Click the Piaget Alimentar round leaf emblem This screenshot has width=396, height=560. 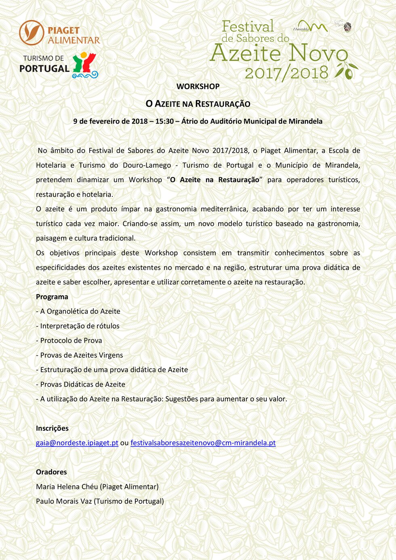[x=31, y=33]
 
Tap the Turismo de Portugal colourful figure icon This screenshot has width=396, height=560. [x=85, y=65]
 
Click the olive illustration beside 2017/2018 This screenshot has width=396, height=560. [x=347, y=71]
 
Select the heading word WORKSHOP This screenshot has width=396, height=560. [x=198, y=86]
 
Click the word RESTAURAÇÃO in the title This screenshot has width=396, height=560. [x=223, y=104]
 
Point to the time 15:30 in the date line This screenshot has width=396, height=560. [x=164, y=121]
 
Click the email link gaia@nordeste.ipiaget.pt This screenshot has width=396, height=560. [x=77, y=443]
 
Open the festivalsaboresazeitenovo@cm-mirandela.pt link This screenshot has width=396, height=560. [x=203, y=443]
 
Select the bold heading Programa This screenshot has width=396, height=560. [x=52, y=297]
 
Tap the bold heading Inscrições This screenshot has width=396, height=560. [x=52, y=428]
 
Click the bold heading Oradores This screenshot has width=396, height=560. [x=51, y=472]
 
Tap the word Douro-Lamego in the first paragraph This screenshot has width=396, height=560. [x=147, y=165]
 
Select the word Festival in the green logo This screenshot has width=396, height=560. [x=248, y=27]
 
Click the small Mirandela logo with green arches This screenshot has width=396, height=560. [x=310, y=27]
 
